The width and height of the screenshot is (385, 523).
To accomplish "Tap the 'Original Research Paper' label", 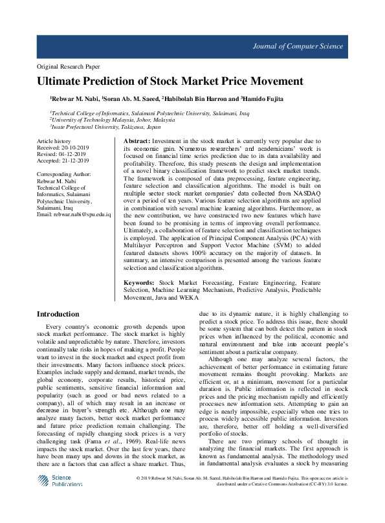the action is click(69, 67).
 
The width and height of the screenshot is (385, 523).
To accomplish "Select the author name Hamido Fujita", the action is click(265, 99).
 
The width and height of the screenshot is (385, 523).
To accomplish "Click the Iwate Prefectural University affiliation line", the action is click(106, 127).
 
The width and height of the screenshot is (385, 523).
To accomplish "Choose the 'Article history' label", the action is click(54, 140).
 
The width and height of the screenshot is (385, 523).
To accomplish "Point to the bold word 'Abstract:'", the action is click(136, 141).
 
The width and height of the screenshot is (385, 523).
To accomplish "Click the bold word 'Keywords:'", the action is click(138, 284).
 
